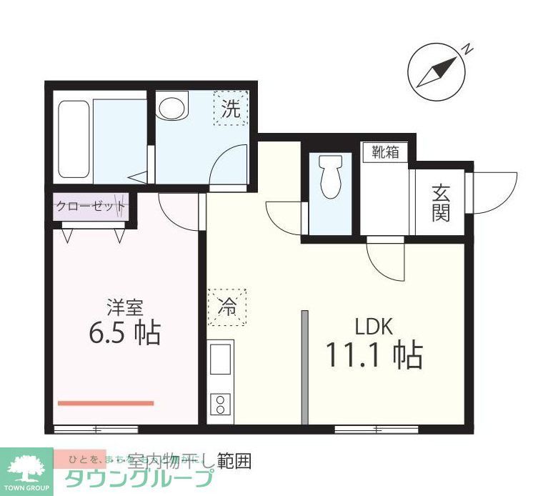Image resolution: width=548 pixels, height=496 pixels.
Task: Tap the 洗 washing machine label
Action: [x=230, y=109]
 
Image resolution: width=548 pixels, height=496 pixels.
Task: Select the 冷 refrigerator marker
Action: [x=226, y=307]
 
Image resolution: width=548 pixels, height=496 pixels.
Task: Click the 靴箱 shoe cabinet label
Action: [x=384, y=152]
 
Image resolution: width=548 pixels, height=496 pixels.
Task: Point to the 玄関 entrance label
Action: [x=440, y=203]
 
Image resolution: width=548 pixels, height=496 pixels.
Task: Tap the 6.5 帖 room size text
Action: [x=124, y=332]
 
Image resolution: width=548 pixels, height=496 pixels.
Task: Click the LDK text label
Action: [x=374, y=327]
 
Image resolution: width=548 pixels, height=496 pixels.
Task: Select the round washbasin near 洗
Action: [x=171, y=108]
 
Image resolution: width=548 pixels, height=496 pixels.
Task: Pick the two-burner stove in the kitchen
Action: [x=220, y=405]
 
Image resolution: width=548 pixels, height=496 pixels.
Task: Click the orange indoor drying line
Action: [x=106, y=403]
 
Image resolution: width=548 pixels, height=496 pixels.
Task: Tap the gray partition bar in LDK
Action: [x=304, y=368]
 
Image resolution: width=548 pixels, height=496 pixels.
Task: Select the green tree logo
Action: [x=26, y=469]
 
